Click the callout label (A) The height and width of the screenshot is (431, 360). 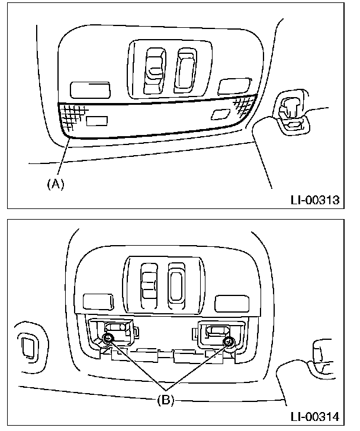[x=54, y=184]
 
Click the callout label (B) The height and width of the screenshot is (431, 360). [x=166, y=400]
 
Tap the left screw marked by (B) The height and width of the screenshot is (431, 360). [x=108, y=338]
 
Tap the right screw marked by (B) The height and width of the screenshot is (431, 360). [x=229, y=342]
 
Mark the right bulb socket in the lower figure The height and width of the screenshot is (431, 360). [x=216, y=334]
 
